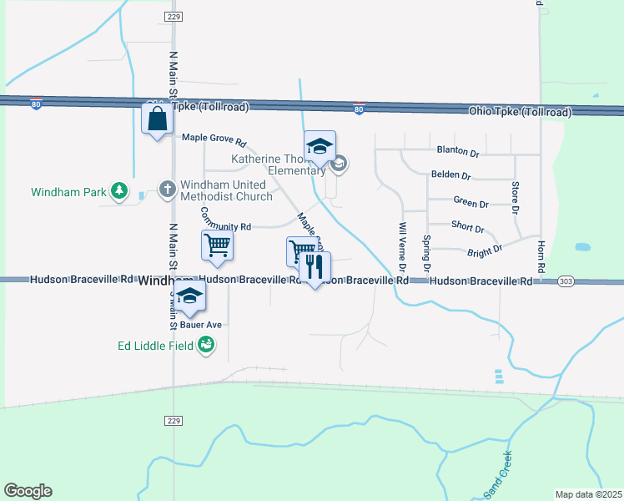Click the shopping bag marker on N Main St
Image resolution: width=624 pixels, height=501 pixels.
click(x=157, y=120)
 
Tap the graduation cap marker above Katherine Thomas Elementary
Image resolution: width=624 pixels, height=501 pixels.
click(x=320, y=147)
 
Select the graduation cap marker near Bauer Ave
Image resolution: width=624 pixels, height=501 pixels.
click(x=190, y=296)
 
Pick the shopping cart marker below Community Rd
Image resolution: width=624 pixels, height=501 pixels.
click(x=217, y=246)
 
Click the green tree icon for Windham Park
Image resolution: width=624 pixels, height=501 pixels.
click(x=120, y=192)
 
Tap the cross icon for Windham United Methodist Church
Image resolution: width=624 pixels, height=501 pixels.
click(x=167, y=190)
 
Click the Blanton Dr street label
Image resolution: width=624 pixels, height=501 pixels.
click(x=458, y=153)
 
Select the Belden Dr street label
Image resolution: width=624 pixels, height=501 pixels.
click(x=451, y=176)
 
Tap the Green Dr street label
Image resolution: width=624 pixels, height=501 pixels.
click(x=471, y=203)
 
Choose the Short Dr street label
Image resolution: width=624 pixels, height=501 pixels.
click(x=467, y=227)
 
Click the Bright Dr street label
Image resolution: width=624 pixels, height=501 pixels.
click(x=485, y=250)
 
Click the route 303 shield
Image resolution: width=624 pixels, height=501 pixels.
click(x=566, y=281)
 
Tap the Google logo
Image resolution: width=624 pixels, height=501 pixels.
click(x=28, y=491)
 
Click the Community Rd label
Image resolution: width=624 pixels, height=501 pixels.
click(x=225, y=226)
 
